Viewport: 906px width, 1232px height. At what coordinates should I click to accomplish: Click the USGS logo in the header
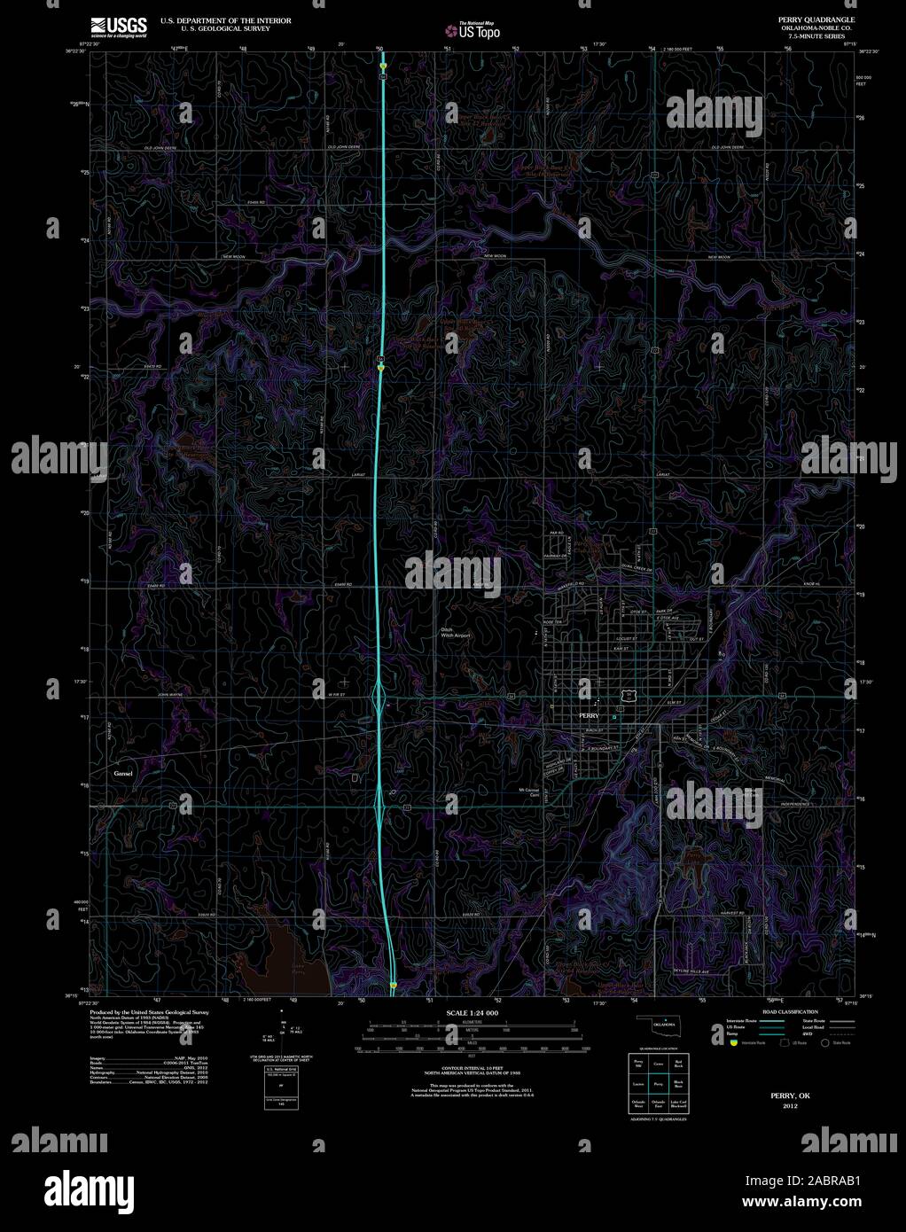coord(117,27)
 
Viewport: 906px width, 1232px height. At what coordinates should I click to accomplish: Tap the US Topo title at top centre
coord(473,32)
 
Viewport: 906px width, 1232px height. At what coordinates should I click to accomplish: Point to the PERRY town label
coord(589,715)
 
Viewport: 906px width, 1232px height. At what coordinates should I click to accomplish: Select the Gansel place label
coord(123,774)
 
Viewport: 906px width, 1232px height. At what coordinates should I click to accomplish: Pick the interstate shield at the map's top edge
coord(383,66)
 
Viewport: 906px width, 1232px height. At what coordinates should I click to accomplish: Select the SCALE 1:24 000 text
coord(473,1012)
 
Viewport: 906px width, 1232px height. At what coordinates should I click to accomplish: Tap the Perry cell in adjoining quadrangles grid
coord(657,1084)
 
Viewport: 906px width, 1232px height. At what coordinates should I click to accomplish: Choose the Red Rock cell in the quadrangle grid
coord(678,1063)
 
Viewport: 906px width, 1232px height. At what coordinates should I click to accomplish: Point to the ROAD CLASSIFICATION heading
coord(785,1011)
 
